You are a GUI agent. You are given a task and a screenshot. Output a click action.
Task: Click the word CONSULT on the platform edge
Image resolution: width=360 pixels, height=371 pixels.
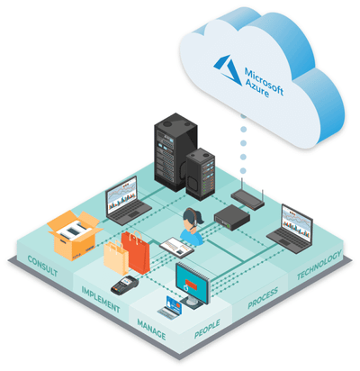coord(42,266)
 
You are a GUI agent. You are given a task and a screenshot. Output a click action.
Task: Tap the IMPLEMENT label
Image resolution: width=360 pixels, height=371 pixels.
coord(101,299)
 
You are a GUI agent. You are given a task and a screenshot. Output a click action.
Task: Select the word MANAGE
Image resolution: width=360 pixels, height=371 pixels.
coord(151,330)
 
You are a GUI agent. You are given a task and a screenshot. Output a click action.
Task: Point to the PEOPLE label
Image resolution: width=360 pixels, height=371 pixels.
coord(207,329)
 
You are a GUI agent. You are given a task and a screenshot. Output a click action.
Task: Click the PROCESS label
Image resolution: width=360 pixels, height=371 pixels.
coord(263,298)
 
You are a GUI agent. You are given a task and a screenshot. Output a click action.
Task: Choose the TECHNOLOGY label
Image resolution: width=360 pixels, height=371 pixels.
coord(319,265)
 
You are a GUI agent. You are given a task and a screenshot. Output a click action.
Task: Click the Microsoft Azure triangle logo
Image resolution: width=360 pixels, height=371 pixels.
coord(229,69)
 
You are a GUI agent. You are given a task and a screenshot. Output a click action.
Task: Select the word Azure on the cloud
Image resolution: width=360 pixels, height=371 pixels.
coord(256,87)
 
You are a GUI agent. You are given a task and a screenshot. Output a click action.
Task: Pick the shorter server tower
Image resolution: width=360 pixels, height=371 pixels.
coord(200,174)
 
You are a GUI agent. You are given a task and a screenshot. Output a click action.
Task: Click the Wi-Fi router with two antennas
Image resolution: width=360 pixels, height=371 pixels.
coord(247,196)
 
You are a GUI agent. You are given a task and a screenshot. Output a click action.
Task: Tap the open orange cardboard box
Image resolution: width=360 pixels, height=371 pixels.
coord(73,235)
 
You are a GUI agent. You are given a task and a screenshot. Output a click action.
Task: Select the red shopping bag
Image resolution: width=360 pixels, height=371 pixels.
coord(136,251)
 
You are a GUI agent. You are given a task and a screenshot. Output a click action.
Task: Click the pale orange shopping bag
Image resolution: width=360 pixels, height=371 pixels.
coord(115,258)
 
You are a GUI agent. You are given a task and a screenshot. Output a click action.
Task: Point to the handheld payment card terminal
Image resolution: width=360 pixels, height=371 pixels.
coord(124,285)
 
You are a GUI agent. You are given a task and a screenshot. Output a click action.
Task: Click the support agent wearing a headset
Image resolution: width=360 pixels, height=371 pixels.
coord(193,227)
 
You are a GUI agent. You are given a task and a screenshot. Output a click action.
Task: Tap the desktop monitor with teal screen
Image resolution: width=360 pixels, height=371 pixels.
coord(193,285)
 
